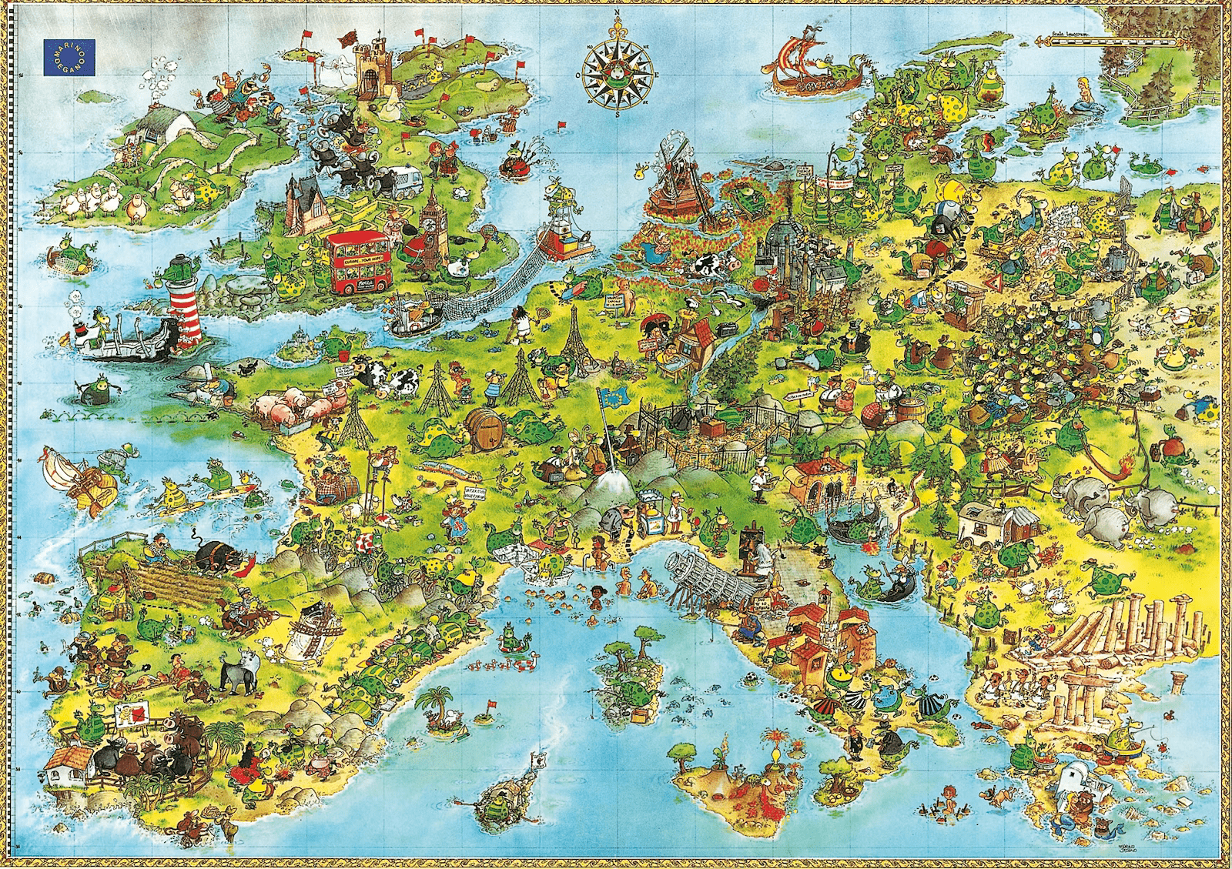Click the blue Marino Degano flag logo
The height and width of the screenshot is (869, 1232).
point(69,58)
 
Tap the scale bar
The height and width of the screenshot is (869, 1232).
point(1105,41)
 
